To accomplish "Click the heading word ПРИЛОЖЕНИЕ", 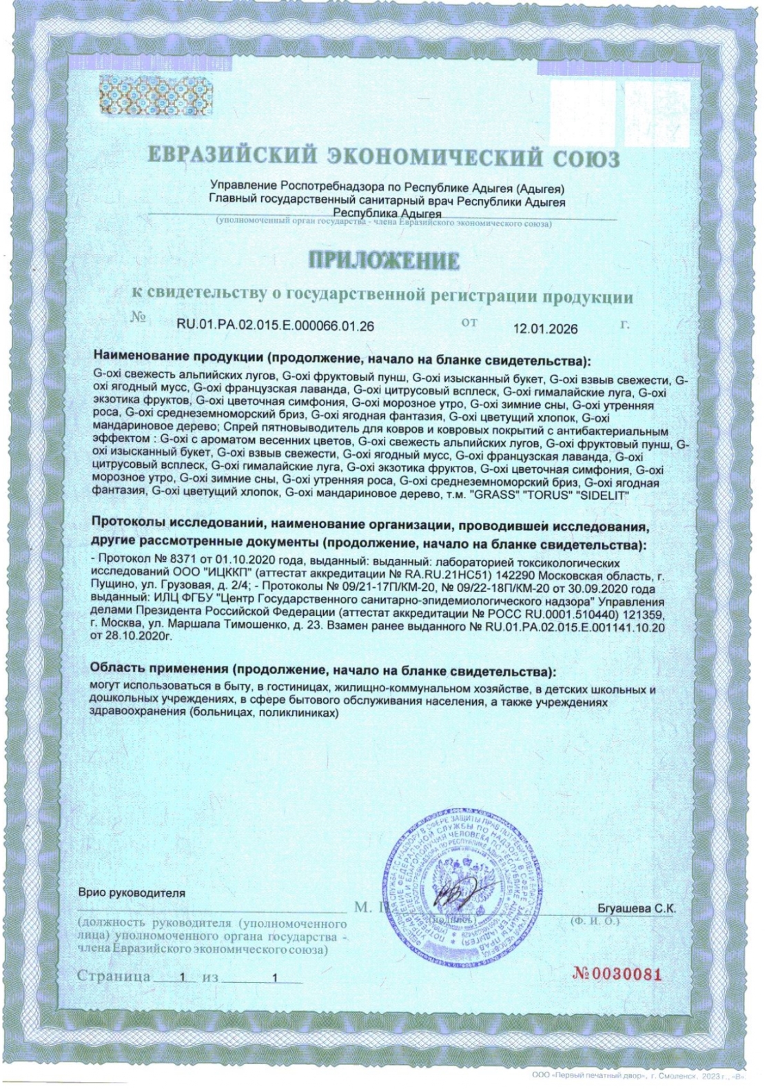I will tap(383, 261).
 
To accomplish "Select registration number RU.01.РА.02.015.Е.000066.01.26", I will tap(276, 326).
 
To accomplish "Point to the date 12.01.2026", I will tap(545, 329).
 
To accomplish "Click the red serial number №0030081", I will tap(617, 975).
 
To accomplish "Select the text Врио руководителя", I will tap(132, 893).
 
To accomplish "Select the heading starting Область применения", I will tap(324, 669).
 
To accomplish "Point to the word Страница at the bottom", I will tap(114, 977).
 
